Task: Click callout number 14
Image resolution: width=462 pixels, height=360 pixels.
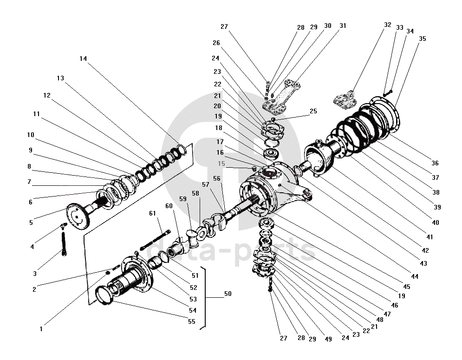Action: pyautogui.click(x=83, y=59)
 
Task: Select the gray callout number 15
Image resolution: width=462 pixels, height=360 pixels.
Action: pyautogui.click(x=221, y=164)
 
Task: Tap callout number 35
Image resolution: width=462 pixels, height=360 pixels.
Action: pyautogui.click(x=422, y=39)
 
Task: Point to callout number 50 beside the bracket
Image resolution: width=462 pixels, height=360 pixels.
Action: pyautogui.click(x=228, y=294)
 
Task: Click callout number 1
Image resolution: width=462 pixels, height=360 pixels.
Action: pyautogui.click(x=41, y=329)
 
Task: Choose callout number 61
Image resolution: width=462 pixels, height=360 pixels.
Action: pyautogui.click(x=152, y=214)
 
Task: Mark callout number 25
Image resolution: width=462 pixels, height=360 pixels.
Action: pyautogui.click(x=313, y=111)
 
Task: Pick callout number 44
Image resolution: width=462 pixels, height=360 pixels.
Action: pyautogui.click(x=415, y=276)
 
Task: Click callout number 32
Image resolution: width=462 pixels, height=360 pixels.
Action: pyautogui.click(x=388, y=25)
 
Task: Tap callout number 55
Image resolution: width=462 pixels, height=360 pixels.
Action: pyautogui.click(x=191, y=321)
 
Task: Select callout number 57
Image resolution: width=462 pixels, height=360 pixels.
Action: pyautogui.click(x=205, y=184)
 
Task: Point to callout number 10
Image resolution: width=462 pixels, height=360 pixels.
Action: pyautogui.click(x=31, y=135)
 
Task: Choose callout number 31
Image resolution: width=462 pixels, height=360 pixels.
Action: pyautogui.click(x=343, y=26)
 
